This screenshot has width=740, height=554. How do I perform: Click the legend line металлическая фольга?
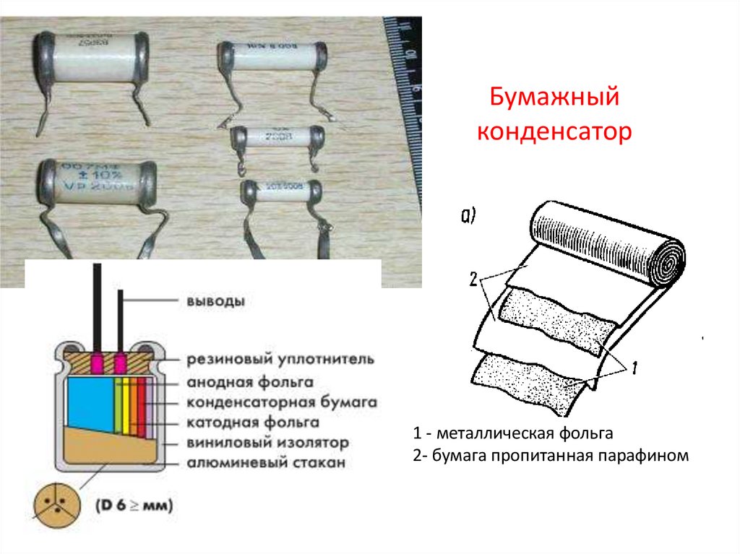[513, 434]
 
